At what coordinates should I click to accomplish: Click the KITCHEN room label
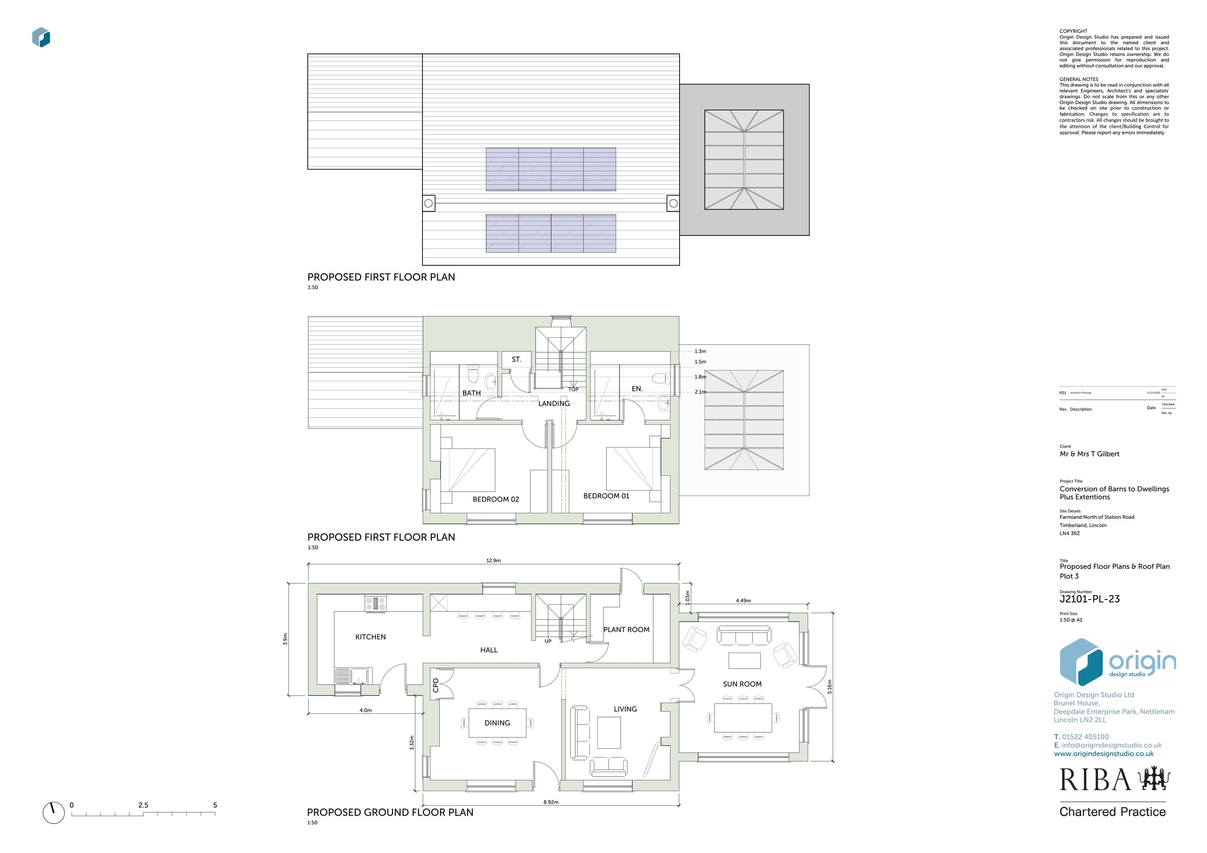370,637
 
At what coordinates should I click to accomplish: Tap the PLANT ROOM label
626,630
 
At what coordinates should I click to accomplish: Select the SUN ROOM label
742,684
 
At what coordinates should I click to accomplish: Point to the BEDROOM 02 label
496,499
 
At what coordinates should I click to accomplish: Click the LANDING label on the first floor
554,403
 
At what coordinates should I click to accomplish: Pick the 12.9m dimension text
493,561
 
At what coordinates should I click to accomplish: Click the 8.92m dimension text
550,802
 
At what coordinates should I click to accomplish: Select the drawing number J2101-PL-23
1089,599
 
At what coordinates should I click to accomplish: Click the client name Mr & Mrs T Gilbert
1089,454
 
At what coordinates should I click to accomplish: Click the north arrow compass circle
53,812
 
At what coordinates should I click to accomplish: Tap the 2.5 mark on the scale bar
143,805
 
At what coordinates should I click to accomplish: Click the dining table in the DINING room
497,723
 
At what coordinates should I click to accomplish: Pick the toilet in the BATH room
472,374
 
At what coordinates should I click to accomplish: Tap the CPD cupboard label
435,685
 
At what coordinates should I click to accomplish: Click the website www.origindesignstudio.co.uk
1104,754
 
